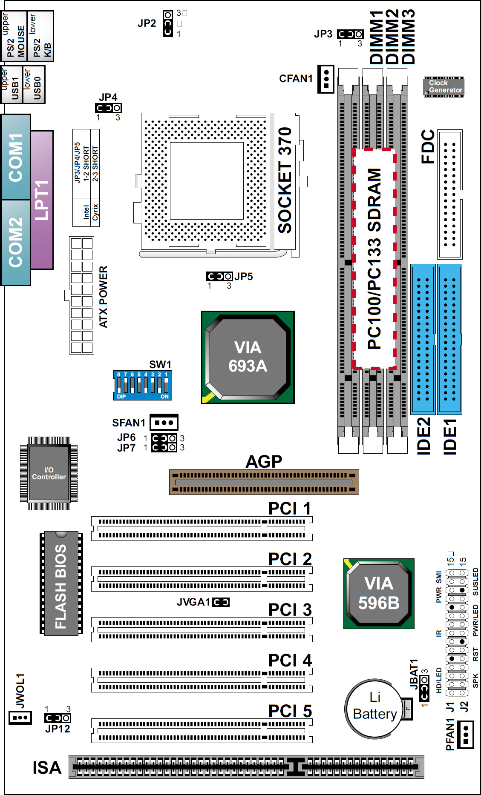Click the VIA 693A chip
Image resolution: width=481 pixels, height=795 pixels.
coord(248,357)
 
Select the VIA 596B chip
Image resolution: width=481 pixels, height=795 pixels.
coord(379,593)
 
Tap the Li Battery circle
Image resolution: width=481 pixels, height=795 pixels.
coord(374,709)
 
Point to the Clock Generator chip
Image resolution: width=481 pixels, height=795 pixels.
coord(444,87)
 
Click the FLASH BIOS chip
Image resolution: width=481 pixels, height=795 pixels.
coord(61,583)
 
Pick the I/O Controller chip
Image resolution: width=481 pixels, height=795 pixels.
coord(49,473)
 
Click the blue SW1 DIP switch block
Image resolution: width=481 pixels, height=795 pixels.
coord(143,385)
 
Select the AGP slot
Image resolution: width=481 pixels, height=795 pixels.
coord(264,482)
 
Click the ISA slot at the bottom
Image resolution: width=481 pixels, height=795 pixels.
coord(246,767)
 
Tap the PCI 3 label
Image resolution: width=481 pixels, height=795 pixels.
coord(290,609)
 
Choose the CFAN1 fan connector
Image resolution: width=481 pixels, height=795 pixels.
coord(326,79)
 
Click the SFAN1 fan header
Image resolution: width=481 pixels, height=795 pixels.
coord(164,423)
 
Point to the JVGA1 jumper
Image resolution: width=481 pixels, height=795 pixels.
coord(221,602)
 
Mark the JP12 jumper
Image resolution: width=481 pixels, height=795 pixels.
coord(58,718)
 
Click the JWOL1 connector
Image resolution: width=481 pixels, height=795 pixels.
coord(20,718)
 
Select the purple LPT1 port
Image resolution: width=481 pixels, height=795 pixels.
coord(42,200)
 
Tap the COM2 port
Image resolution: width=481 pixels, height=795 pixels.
coord(16,242)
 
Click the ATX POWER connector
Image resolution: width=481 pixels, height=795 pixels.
coord(81,295)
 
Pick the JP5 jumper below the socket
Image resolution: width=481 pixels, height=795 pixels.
coord(219,277)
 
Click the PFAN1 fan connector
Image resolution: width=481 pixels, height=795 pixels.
coord(465,734)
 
